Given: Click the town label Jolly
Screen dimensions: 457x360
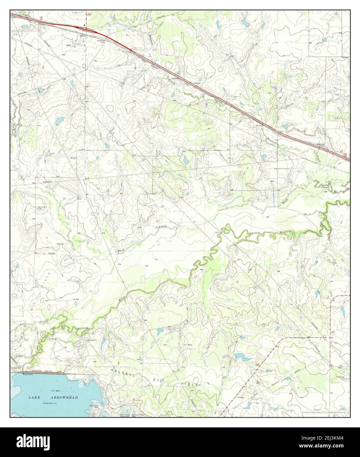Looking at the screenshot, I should coord(68,45).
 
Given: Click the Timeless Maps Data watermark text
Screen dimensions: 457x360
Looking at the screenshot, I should coord(324,412).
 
